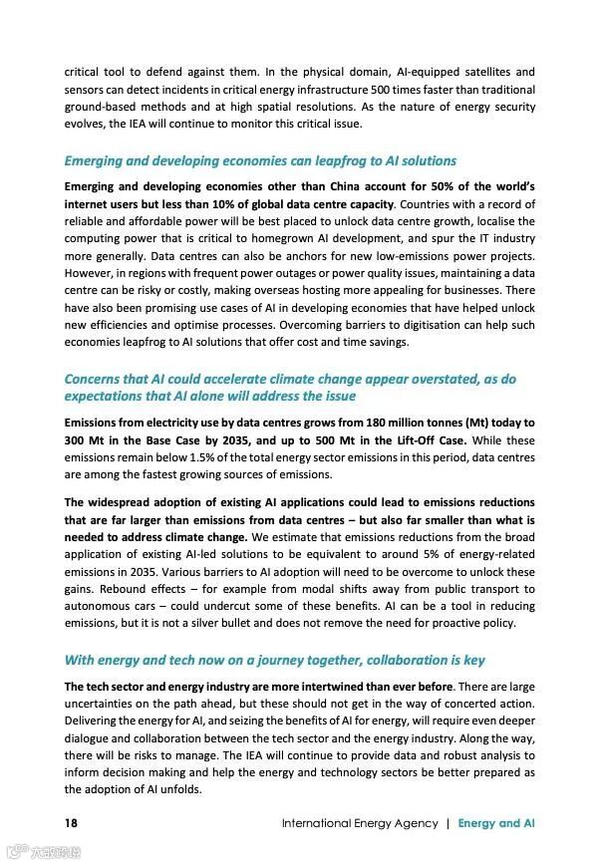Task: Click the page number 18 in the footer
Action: pyautogui.click(x=71, y=823)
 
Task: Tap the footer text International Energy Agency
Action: pyautogui.click(x=360, y=823)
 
